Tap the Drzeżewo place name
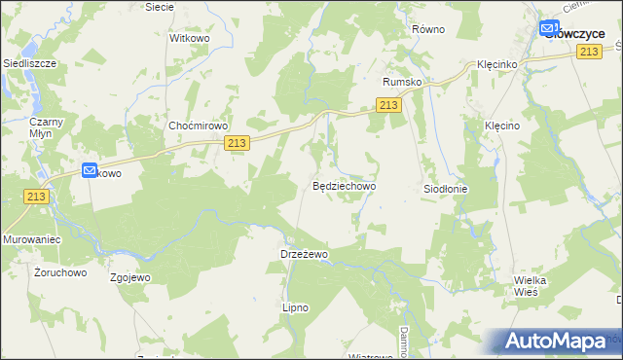coord(305,253)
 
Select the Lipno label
coord(295,307)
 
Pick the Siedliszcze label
coord(30,62)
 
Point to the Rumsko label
coord(402,82)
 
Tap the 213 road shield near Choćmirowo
coord(237,142)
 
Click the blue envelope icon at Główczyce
coord(549,30)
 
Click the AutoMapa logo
coord(555,342)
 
